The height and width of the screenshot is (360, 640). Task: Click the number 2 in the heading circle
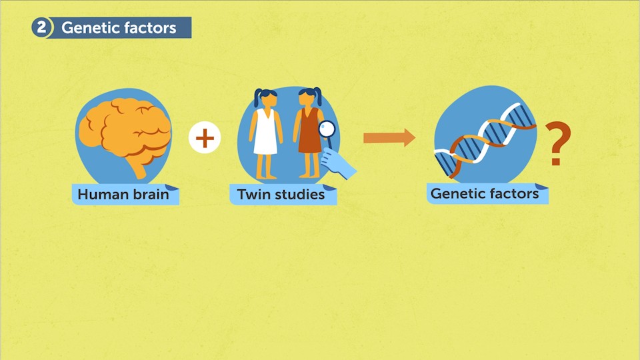(42, 28)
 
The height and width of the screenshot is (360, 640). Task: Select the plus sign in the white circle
(205, 139)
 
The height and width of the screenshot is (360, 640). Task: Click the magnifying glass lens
(327, 129)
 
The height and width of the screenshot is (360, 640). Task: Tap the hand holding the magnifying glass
(340, 163)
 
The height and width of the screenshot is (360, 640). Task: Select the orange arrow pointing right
(389, 138)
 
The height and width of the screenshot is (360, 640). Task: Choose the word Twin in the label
(253, 195)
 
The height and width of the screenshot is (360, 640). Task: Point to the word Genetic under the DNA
(458, 194)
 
